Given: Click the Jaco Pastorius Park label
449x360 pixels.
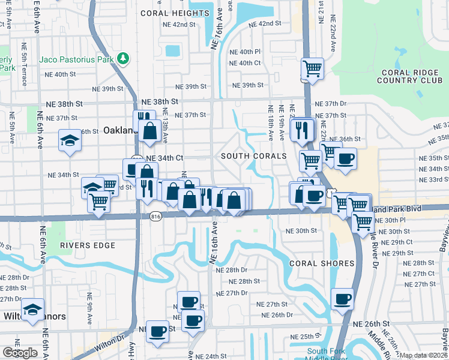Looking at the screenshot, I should coord(76,59).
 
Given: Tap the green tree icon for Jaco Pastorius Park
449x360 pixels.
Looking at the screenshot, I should coord(123,58).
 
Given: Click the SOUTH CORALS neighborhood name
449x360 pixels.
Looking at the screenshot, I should coord(254,156).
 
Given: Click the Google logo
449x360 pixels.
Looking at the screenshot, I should coord(20,353).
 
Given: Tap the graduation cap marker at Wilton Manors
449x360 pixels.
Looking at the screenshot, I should coord(32,310).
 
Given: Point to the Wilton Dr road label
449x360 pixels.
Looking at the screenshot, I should coord(118,343).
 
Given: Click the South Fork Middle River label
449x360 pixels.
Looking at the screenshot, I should coord(326,355).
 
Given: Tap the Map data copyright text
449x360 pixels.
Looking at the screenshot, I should coord(424,355).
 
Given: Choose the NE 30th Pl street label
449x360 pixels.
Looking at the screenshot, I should coord(394,221).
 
